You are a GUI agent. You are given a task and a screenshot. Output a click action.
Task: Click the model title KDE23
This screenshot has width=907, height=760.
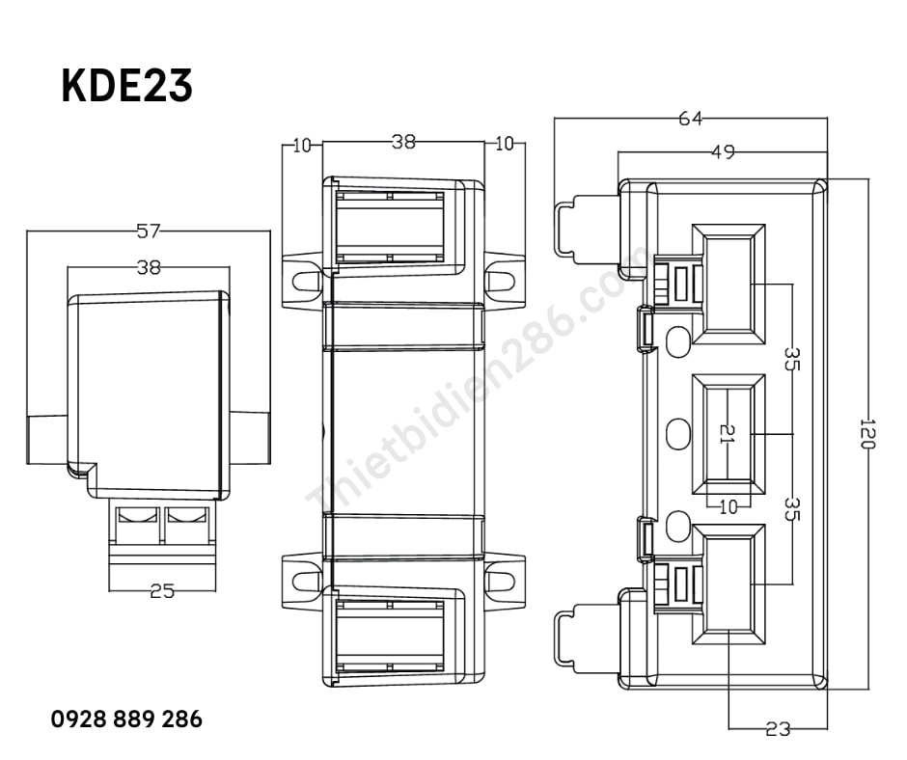coord(126,86)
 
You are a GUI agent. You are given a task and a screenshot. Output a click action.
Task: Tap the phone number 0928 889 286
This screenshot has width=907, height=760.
coord(126,719)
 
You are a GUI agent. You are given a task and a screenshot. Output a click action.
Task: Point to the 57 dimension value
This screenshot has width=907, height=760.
coord(148,231)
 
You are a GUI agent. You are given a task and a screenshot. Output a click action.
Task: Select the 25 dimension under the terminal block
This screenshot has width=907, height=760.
coord(162,591)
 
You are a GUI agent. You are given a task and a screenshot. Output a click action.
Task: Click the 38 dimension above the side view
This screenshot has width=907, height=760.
coord(148,267)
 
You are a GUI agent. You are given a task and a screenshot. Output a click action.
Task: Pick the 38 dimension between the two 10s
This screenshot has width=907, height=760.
coord(403,142)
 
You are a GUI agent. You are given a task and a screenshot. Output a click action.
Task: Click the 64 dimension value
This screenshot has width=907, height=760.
coord(690,119)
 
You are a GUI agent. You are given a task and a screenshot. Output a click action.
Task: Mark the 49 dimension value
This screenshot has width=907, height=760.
coord(723,152)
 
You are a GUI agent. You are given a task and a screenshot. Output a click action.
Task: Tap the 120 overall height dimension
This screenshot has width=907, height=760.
coord(867,434)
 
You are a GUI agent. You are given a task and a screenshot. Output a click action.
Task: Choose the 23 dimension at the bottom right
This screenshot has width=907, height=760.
coord(778,729)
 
